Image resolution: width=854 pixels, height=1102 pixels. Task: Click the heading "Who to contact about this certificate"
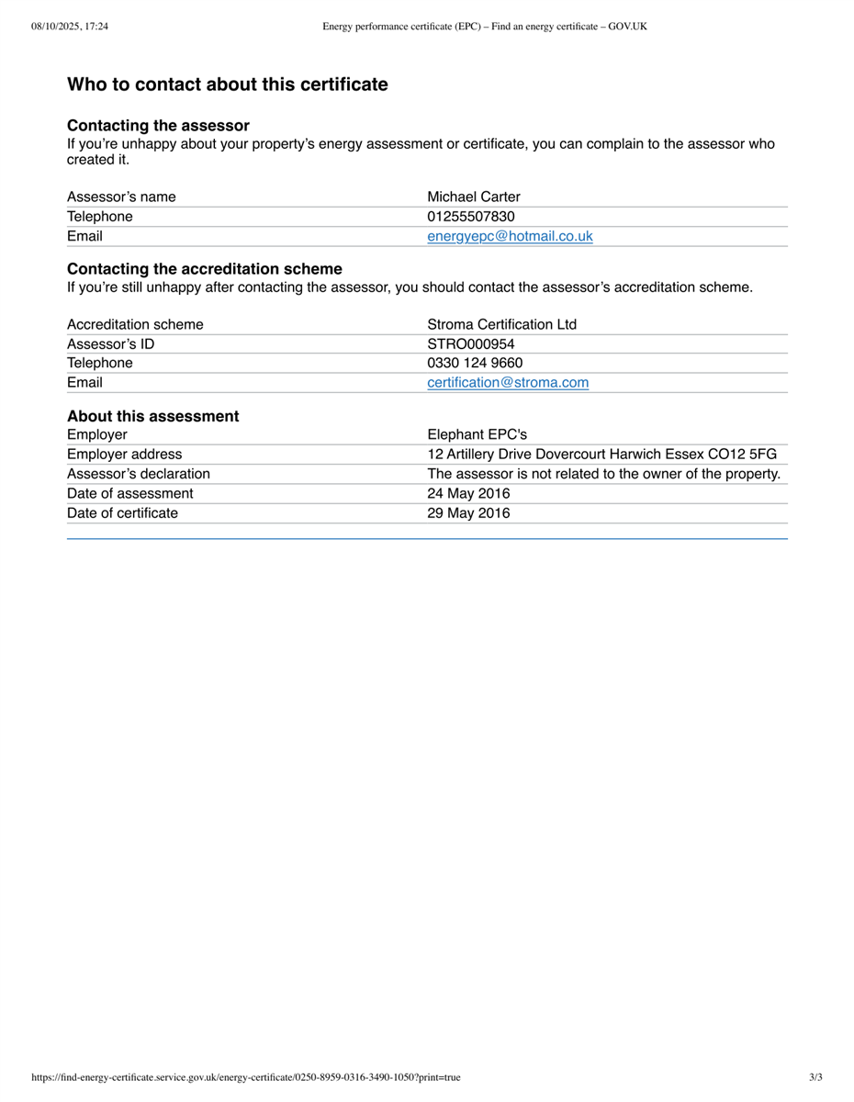coord(227,84)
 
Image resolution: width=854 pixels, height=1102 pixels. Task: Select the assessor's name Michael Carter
coord(473,197)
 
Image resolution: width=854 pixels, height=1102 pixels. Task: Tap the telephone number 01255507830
coord(470,217)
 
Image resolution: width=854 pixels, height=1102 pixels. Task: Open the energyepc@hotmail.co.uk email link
coord(510,236)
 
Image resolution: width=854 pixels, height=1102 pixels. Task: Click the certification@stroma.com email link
coord(508,382)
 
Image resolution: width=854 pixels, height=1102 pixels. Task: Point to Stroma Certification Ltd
coord(501,324)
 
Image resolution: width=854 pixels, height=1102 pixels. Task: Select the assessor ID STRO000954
coord(470,343)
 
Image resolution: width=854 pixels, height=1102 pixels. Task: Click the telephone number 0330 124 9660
coord(475,363)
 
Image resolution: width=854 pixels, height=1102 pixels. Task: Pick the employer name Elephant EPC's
coord(477,434)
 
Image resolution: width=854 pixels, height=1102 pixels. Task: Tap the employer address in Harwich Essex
coord(601,454)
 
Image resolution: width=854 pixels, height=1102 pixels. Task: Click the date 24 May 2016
coord(468,493)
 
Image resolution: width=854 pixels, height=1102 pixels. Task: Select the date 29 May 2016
coord(468,512)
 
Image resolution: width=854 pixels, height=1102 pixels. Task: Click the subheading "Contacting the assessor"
coord(158,126)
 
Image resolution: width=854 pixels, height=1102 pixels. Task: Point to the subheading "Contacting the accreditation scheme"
coord(204,269)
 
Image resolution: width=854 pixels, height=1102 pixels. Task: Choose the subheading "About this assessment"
coord(152,416)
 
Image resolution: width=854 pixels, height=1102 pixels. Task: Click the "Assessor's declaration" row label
coord(138,474)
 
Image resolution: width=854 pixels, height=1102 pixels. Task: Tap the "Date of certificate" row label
coord(122,512)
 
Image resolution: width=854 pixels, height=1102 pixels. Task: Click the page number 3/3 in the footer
coord(815,1077)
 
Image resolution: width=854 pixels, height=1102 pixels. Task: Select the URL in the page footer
coord(246,1077)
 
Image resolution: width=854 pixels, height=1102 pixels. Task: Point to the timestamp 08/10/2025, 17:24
coord(70,27)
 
